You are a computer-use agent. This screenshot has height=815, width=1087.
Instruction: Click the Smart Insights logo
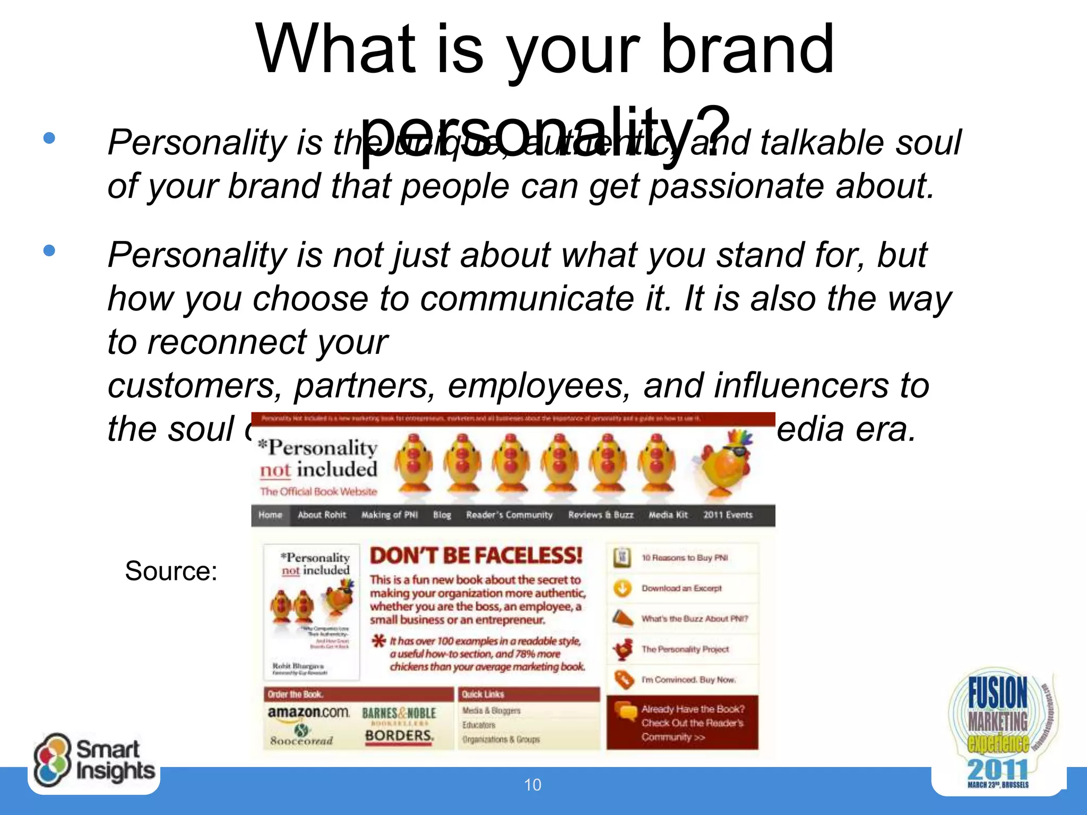click(94, 760)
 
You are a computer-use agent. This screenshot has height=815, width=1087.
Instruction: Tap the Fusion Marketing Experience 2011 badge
click(999, 731)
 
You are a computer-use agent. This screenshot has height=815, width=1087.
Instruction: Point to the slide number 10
click(532, 785)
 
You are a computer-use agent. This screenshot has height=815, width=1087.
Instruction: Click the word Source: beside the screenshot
click(171, 571)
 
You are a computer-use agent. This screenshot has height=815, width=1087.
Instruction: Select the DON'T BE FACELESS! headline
click(476, 556)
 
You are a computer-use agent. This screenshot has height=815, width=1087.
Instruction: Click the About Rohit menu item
click(322, 515)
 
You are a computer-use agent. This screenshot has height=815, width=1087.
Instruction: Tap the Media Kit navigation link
click(668, 515)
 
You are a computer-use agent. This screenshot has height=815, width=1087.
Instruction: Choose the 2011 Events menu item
click(728, 515)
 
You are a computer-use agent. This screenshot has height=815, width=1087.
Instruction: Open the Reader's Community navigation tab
click(509, 515)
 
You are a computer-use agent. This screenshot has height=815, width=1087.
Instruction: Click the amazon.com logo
click(308, 712)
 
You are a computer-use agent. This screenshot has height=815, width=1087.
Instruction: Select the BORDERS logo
click(399, 736)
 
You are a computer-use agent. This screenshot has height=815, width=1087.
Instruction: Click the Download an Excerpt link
click(681, 588)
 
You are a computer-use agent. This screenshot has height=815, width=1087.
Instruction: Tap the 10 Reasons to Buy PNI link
click(685, 558)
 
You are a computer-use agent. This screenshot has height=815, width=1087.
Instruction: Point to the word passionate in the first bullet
click(737, 186)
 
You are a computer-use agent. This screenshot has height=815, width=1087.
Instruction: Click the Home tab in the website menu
click(270, 515)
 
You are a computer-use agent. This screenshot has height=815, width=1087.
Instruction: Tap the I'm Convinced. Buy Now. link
click(688, 680)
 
